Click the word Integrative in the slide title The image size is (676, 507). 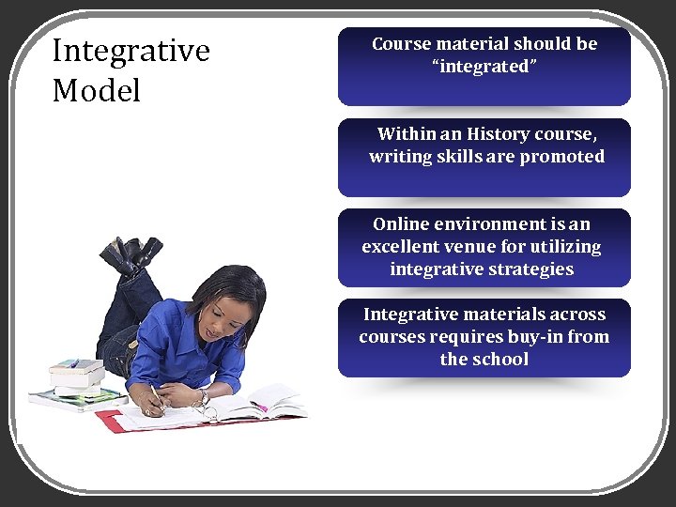click(x=131, y=51)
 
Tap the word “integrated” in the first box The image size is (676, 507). click(x=484, y=67)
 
